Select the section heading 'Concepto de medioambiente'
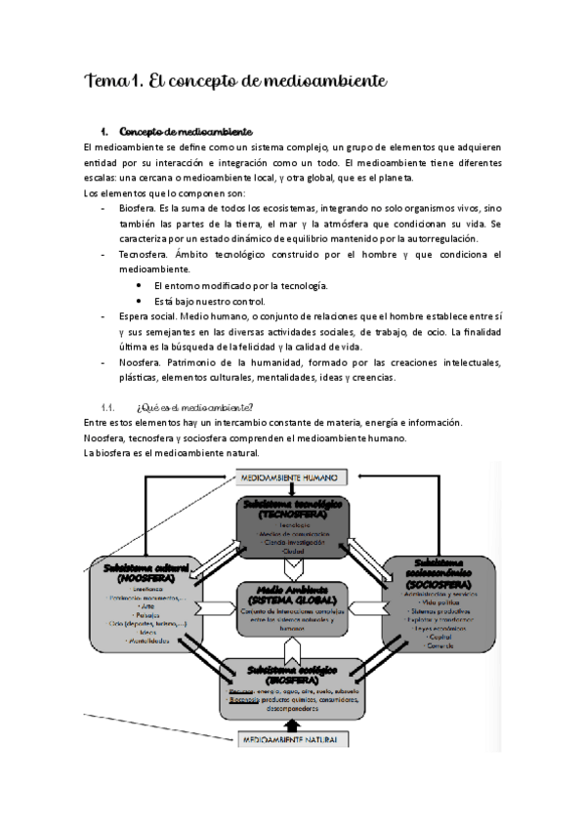[186, 132]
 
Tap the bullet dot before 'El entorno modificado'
[142, 285]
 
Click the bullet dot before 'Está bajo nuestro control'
[142, 301]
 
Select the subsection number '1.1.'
[108, 407]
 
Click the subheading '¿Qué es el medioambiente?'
[195, 407]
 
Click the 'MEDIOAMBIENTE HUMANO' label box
[292, 478]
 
